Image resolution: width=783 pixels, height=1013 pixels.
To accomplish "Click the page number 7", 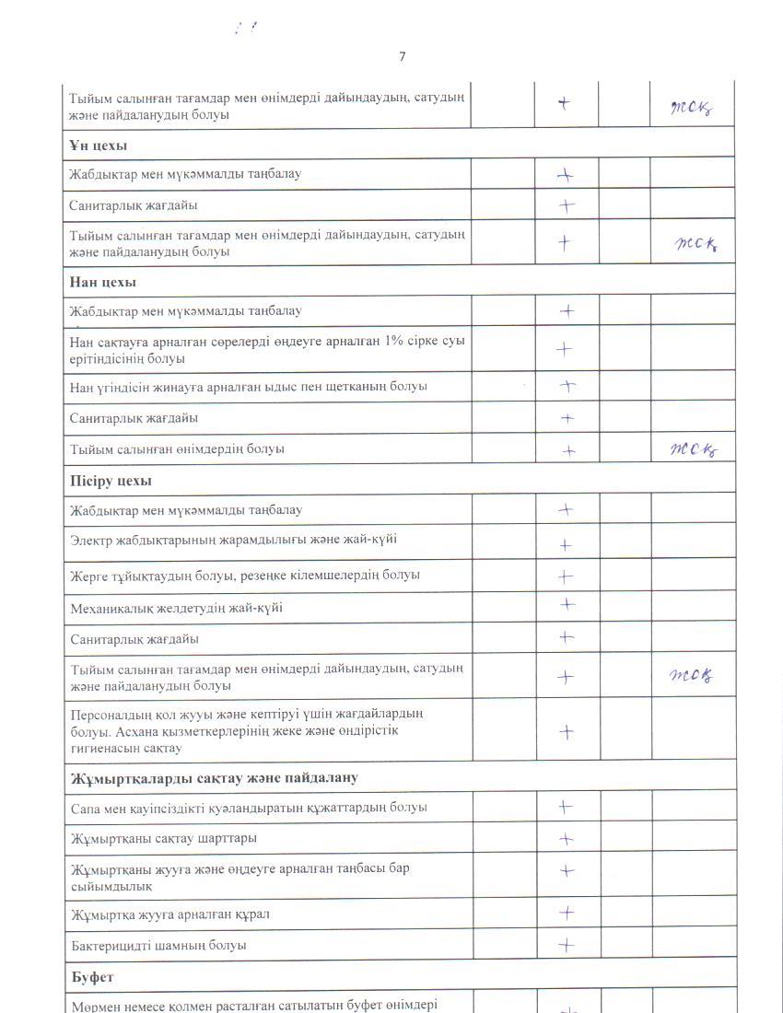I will (402, 57).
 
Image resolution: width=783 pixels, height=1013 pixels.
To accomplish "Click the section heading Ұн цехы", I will (98, 146).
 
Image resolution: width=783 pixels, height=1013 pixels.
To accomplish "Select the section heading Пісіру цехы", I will (111, 481).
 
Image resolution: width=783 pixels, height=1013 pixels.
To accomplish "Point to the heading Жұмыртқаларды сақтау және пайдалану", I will (214, 778).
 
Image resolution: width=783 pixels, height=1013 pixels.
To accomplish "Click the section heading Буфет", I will (92, 975).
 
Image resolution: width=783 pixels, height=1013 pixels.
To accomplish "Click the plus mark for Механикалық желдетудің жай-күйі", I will (567, 605).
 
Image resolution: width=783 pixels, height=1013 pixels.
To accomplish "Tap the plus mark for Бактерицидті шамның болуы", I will (567, 945).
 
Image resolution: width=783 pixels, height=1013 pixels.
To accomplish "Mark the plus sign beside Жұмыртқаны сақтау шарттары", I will (567, 839).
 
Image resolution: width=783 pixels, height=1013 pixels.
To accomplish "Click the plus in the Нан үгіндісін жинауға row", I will (567, 387).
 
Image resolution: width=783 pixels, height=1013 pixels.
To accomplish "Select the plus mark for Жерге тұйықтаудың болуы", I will (566, 576).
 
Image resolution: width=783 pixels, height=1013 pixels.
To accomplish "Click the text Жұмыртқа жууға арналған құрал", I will (170, 914).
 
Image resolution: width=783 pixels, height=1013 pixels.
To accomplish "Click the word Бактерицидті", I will (111, 946).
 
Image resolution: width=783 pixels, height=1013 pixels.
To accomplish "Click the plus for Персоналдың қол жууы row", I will (567, 732).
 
